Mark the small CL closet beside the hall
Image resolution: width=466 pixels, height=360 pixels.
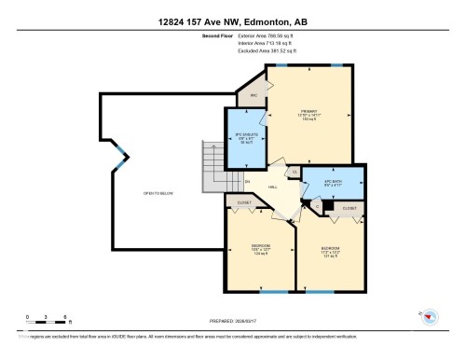pyautogui.click(x=295, y=172)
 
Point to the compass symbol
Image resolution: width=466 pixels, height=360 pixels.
pyautogui.click(x=430, y=316)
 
